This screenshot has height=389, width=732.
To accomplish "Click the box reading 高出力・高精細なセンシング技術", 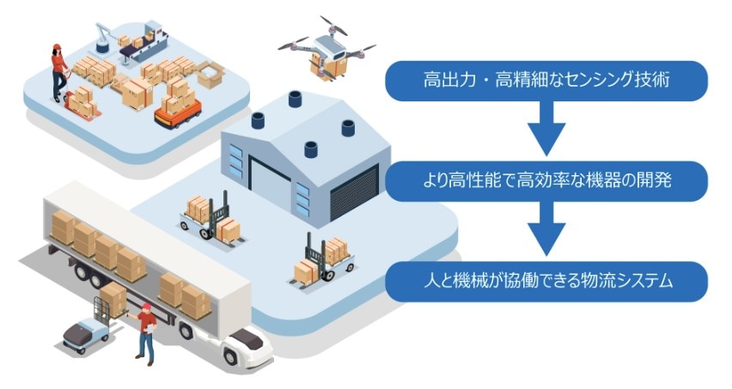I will click(x=546, y=81).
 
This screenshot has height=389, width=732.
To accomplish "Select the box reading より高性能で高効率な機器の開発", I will click(x=546, y=180).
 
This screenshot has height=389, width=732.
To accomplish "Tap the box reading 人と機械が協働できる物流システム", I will click(x=546, y=281).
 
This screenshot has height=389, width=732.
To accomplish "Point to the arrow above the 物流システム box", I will click(x=546, y=230).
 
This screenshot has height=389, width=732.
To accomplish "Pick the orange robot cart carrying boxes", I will click(x=177, y=108).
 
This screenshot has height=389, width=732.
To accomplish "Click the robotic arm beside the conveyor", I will click(x=101, y=39).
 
